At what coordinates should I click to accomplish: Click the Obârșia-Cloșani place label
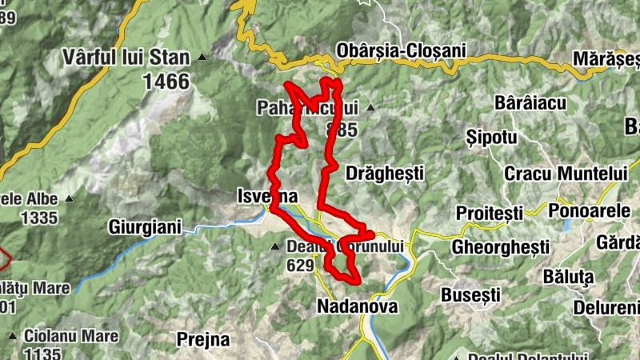click(402, 50)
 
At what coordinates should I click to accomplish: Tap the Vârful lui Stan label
click(127, 58)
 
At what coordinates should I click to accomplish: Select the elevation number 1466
click(166, 81)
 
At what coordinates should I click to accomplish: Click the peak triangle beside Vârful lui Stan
click(202, 58)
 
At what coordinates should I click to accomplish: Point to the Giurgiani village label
click(146, 226)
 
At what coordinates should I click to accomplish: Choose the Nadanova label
click(357, 306)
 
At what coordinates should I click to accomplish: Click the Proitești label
click(488, 213)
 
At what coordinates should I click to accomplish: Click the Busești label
click(470, 294)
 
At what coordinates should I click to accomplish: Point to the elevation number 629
click(300, 266)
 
